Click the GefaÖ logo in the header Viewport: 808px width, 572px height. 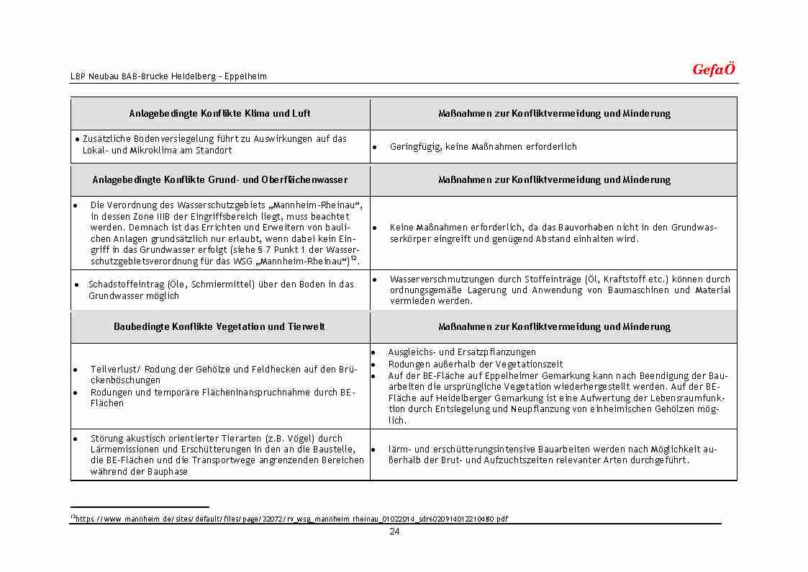tap(713, 70)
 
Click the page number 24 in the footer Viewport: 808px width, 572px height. tap(394, 532)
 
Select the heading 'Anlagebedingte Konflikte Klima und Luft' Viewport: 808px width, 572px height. tap(220, 114)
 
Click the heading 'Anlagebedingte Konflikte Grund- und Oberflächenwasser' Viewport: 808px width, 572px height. tap(220, 180)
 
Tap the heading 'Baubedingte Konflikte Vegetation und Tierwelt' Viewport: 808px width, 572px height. tap(220, 327)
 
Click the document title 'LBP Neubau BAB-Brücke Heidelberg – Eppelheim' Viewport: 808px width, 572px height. tap(168, 76)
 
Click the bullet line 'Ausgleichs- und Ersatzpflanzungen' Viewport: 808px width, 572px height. tap(462, 352)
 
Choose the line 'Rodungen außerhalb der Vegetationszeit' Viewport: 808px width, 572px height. tap(476, 365)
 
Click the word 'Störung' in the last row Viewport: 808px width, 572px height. tap(106, 438)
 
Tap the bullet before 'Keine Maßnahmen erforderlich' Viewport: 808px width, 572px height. tap(375, 228)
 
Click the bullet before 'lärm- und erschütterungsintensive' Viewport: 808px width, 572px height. tap(375, 450)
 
